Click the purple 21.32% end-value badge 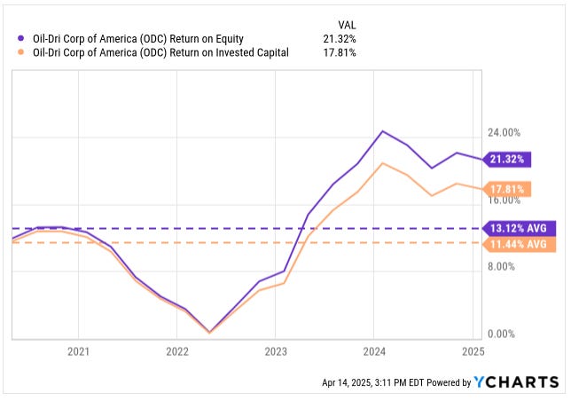[508, 160]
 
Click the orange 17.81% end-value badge [508, 189]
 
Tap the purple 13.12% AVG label [519, 228]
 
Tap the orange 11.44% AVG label [519, 243]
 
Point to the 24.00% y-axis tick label [503, 133]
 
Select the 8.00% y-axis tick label [503, 266]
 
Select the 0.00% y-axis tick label [503, 334]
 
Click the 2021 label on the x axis [79, 352]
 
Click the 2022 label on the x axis [177, 352]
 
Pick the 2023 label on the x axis [276, 352]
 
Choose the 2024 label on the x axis [374, 352]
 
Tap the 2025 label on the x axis [473, 352]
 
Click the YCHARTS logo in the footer [517, 382]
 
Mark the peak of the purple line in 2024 [382, 131]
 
